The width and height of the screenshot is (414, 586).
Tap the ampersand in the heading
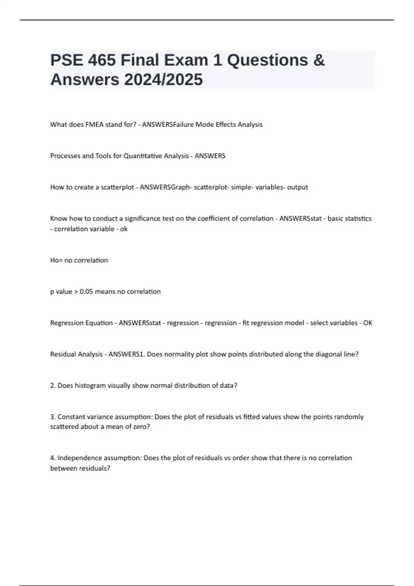pos(319,60)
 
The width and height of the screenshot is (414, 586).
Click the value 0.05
pos(86,292)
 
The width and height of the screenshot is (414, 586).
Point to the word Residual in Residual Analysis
pos(63,354)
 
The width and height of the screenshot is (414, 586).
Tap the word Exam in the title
pos(186,60)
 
